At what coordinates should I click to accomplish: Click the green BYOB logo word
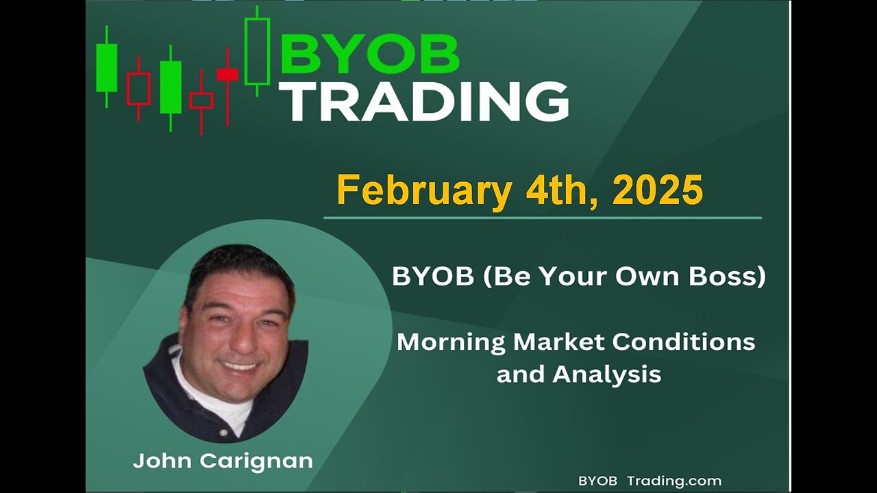tap(370, 53)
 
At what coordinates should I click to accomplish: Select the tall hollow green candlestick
tap(257, 51)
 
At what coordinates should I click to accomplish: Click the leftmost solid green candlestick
tap(106, 67)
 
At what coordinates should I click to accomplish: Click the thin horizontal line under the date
tap(543, 218)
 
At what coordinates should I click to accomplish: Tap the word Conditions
tap(684, 342)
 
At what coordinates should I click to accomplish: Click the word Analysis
tap(607, 375)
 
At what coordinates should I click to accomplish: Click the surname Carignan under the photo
tap(256, 462)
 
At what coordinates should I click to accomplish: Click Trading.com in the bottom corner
tap(674, 481)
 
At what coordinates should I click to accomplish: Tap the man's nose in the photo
tap(243, 340)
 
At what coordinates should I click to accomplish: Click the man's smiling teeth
tap(240, 366)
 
